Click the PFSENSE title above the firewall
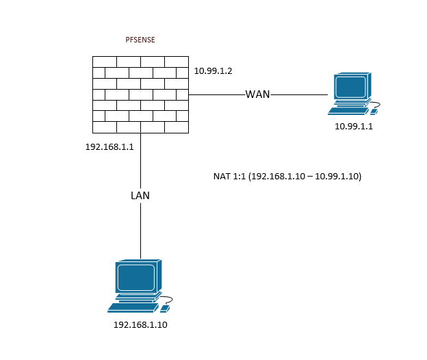click(140, 40)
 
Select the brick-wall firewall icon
click(140, 94)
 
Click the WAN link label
click(258, 94)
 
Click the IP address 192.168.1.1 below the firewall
click(109, 147)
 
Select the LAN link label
click(140, 196)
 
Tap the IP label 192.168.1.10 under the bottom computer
click(140, 324)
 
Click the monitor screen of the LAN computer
click(135, 277)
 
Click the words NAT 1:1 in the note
click(229, 177)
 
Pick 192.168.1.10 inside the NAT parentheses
click(276, 177)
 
